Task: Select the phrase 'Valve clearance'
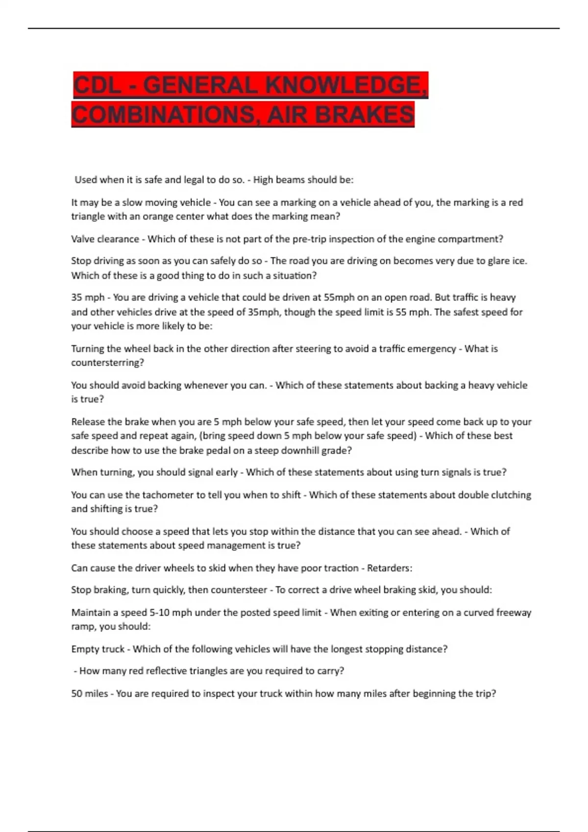click(x=105, y=239)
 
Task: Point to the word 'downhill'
click(x=300, y=450)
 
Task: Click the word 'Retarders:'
click(x=390, y=568)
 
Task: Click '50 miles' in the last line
click(x=89, y=693)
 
